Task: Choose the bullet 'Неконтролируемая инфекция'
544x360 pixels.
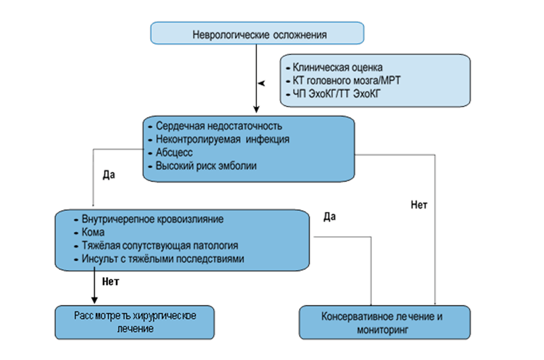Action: pos(222,139)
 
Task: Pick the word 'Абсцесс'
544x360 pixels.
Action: pos(174,152)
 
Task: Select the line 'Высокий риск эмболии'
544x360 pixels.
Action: pos(207,166)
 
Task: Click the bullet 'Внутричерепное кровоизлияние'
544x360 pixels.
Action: pos(152,219)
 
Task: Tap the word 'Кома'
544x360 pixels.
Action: pos(93,232)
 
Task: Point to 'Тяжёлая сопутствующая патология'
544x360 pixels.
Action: pos(160,246)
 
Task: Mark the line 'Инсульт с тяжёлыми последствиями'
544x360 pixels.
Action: pos(163,259)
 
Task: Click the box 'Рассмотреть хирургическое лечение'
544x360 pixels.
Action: pos(135,323)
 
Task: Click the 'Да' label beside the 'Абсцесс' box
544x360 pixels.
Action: pos(109,174)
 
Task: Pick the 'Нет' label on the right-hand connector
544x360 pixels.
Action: pos(419,205)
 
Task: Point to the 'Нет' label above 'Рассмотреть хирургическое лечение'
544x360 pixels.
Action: pos(111,282)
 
